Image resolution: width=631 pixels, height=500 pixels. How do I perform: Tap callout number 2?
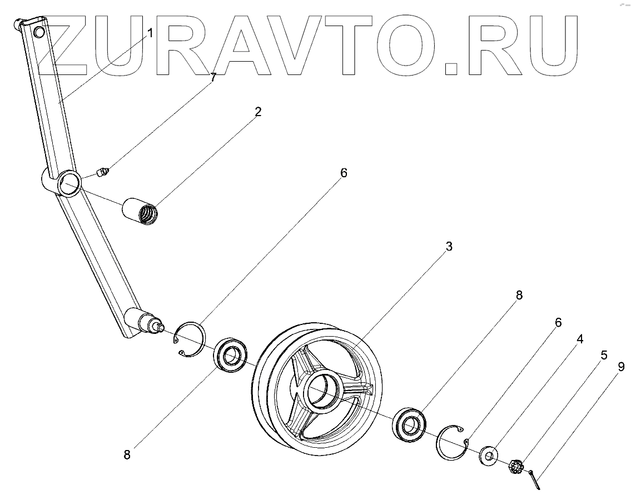[x=257, y=112]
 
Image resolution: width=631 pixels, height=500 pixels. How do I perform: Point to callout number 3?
[x=449, y=246]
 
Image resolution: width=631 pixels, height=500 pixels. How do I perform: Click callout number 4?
[x=579, y=338]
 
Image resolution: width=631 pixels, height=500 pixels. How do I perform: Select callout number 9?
[x=621, y=366]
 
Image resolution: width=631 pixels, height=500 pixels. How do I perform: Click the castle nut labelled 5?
[x=515, y=465]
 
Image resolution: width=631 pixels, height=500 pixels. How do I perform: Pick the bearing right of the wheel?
[x=410, y=425]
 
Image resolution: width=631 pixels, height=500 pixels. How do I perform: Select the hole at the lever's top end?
[x=39, y=32]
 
